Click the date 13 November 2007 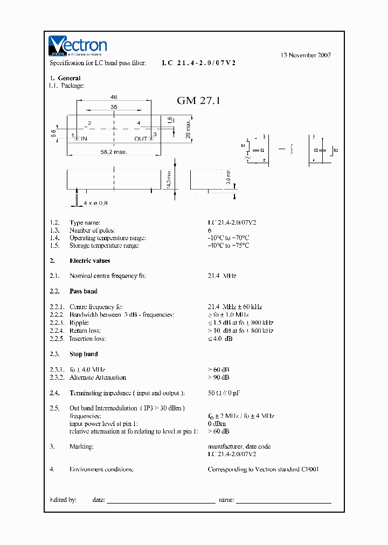point(306,55)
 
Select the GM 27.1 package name point(198,101)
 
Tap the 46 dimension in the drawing point(114,97)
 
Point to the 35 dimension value point(114,107)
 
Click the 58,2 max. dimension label point(113,152)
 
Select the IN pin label point(85,138)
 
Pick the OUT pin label point(141,138)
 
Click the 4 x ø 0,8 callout point(96,203)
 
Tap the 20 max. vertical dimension point(188,129)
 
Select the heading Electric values point(89,261)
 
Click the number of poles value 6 point(210,230)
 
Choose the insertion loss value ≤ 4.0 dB point(220,339)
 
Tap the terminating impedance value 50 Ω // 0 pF point(224,393)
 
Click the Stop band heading point(84,354)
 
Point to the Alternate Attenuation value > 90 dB point(218,378)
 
